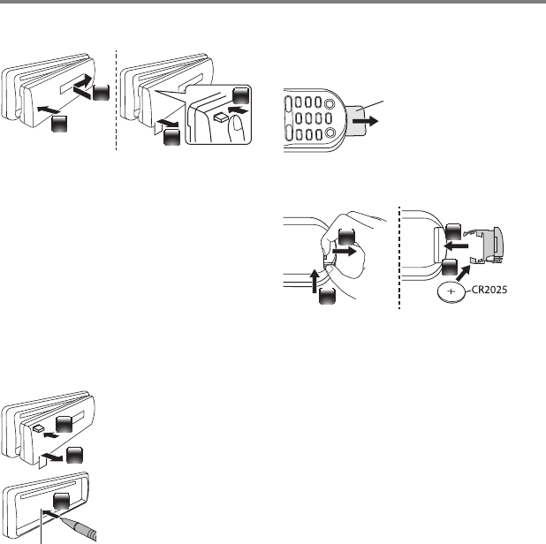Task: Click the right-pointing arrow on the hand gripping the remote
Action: click(x=353, y=251)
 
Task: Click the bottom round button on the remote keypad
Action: click(x=332, y=135)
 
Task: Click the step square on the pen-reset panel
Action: click(x=61, y=502)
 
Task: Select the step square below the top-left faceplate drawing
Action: click(x=59, y=125)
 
